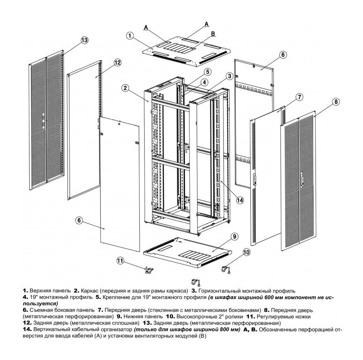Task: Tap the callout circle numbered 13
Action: [x=84, y=40]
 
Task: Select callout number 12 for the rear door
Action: [x=117, y=63]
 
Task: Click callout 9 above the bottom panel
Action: [x=234, y=236]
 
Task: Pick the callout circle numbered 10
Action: [x=246, y=252]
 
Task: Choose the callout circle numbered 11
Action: [x=120, y=261]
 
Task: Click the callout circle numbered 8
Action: [x=336, y=101]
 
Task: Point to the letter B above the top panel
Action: [x=212, y=33]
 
